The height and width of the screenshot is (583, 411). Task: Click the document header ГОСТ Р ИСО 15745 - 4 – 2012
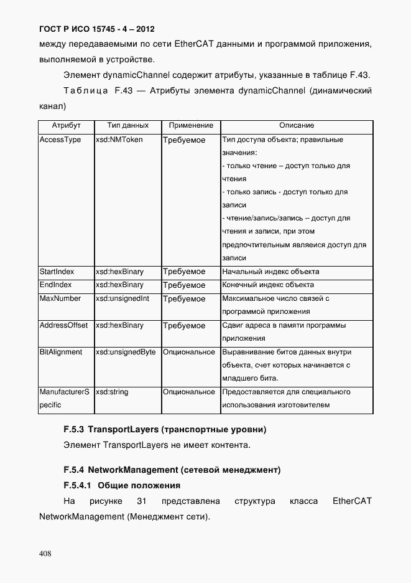(96, 29)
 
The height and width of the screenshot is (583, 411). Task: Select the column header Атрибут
(66, 126)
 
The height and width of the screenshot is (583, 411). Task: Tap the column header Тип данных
(127, 126)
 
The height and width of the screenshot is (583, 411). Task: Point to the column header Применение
(191, 126)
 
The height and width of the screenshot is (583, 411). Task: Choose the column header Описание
(296, 126)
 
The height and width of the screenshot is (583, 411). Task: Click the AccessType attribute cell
(60, 140)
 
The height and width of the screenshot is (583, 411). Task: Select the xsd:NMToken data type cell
(119, 140)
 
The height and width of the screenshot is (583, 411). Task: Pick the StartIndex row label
(57, 272)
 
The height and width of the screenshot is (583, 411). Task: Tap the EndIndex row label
(56, 285)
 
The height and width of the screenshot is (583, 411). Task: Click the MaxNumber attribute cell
(60, 298)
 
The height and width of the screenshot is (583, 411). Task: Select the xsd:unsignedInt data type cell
(122, 298)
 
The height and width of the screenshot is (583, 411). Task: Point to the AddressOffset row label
(63, 325)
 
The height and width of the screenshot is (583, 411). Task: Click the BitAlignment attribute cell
(61, 352)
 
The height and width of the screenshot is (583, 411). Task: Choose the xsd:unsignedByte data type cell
(126, 352)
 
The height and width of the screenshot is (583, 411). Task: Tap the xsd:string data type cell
(112, 392)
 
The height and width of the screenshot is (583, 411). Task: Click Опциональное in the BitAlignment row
(189, 352)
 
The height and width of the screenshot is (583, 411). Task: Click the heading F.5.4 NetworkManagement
(172, 468)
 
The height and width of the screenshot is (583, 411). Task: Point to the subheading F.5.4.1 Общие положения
(122, 485)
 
